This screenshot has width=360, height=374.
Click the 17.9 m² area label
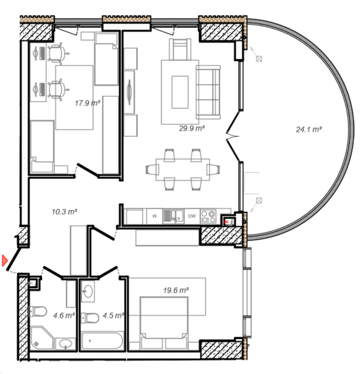[88, 103]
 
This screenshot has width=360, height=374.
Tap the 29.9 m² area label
[192, 128]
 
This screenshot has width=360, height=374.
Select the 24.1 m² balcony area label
[309, 130]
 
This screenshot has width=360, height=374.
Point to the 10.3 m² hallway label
[64, 211]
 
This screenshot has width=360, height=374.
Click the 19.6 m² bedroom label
[176, 290]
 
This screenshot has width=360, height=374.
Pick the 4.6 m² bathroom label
[64, 315]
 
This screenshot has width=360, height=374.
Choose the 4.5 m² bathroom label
[113, 315]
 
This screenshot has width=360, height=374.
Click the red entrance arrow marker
[5, 260]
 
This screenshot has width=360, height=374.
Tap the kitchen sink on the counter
[173, 217]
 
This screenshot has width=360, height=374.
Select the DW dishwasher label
[192, 216]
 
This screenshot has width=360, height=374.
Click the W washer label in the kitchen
[154, 216]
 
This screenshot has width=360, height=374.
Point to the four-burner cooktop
[208, 217]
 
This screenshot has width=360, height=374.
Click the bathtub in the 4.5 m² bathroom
[102, 341]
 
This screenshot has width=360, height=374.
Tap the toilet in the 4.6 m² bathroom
[37, 311]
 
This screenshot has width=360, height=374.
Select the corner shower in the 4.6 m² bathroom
[42, 338]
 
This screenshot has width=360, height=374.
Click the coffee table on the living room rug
[180, 92]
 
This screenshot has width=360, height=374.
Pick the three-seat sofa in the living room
[208, 92]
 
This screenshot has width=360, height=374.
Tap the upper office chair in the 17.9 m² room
[57, 54]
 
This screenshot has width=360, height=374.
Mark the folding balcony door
[233, 136]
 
